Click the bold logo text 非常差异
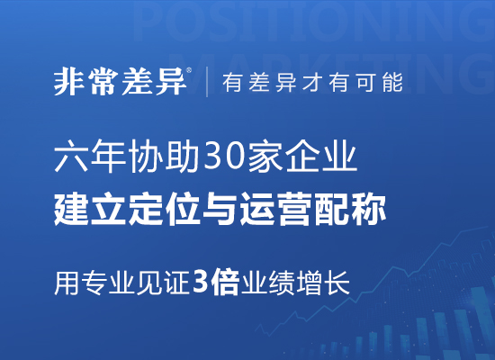click(x=120, y=82)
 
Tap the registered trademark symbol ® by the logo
click(x=189, y=70)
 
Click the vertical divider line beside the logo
click(x=207, y=82)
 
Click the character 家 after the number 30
click(x=265, y=156)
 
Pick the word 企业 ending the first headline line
click(x=321, y=156)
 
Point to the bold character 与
click(x=220, y=210)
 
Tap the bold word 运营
click(x=276, y=210)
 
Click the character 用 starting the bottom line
click(x=67, y=283)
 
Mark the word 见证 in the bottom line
click(x=163, y=283)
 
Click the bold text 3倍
click(x=215, y=283)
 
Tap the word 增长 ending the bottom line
click(x=323, y=283)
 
